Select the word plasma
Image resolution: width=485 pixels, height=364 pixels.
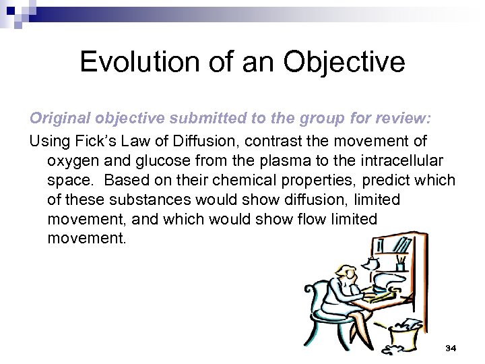[x=257, y=162]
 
